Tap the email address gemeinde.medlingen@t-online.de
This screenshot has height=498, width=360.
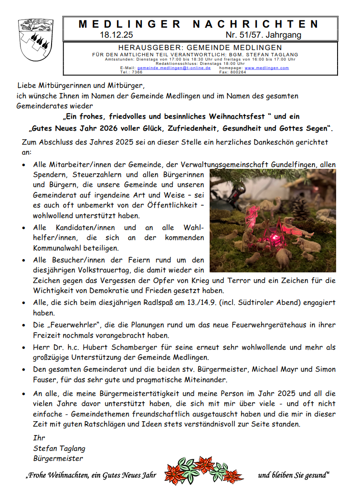[174, 68]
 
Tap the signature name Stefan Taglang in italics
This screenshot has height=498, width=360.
[59, 448]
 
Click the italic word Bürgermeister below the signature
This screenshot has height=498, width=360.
[58, 458]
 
